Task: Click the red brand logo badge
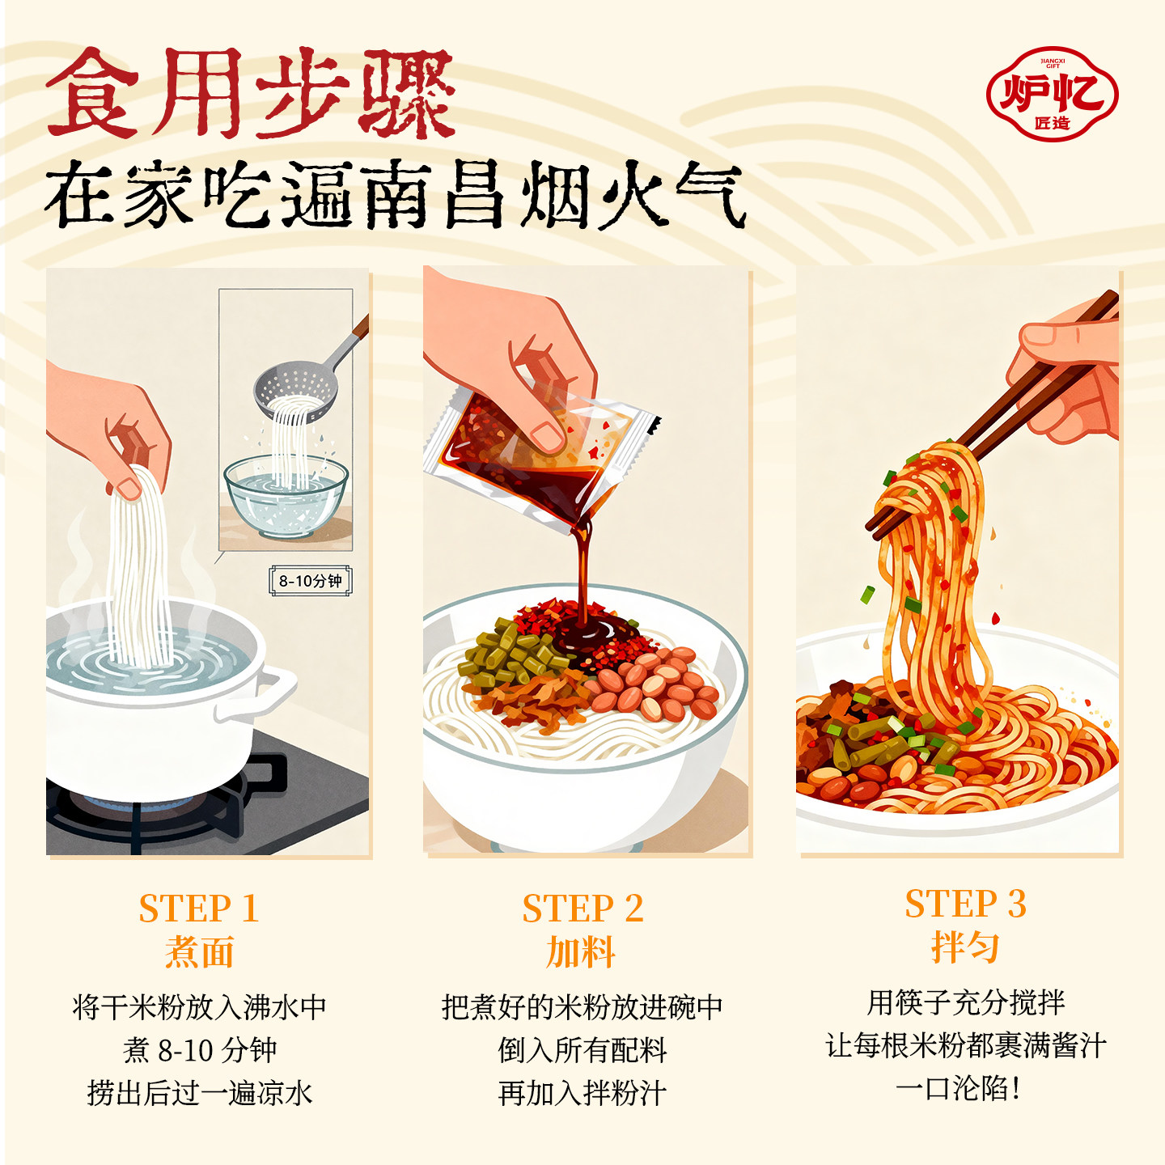1052,94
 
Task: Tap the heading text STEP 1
198,909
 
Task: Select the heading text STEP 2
582,909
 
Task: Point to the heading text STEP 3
965,904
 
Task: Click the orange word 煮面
199,952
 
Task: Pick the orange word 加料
581,952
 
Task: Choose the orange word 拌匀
965,947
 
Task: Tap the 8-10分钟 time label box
311,581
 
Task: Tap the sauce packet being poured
534,453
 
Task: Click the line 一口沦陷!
959,1089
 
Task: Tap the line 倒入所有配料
582,1050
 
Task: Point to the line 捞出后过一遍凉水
199,1093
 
